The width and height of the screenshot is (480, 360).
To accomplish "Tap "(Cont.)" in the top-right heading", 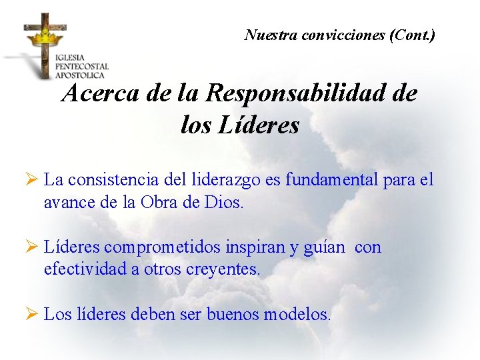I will point(413,35).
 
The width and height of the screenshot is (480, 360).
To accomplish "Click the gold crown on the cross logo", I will point(45,35).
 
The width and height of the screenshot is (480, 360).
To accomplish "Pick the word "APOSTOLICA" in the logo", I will point(81,75).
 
